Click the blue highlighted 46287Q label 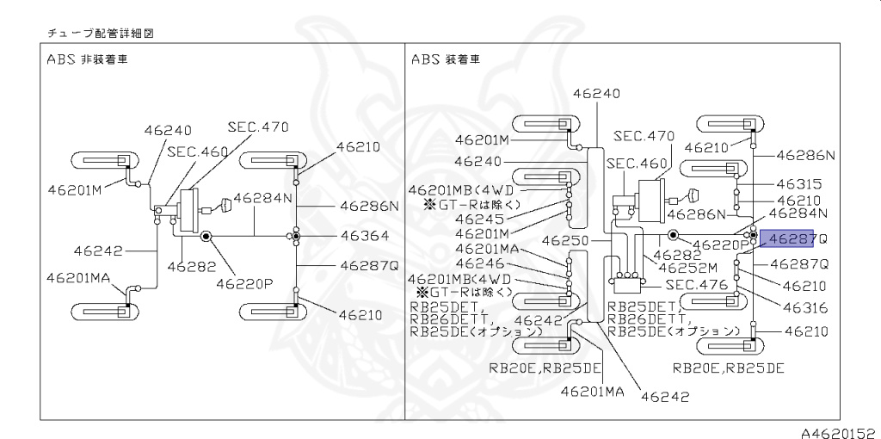tap(792, 239)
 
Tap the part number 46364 tap(364, 236)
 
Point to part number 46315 tap(799, 184)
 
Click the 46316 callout tap(805, 307)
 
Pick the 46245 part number tap(479, 219)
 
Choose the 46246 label tap(479, 263)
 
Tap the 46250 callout tap(565, 241)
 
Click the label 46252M tap(687, 268)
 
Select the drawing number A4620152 tap(841, 433)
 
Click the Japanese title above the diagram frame tap(101, 34)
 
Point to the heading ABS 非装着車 tap(87, 59)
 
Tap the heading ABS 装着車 tap(447, 59)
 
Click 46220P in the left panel tap(244, 283)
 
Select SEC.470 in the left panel tap(258, 127)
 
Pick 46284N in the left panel tap(263, 198)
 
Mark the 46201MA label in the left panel tap(79, 277)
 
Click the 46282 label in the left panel tap(192, 267)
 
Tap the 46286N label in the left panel tap(369, 207)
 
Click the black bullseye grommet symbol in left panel tap(206, 236)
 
